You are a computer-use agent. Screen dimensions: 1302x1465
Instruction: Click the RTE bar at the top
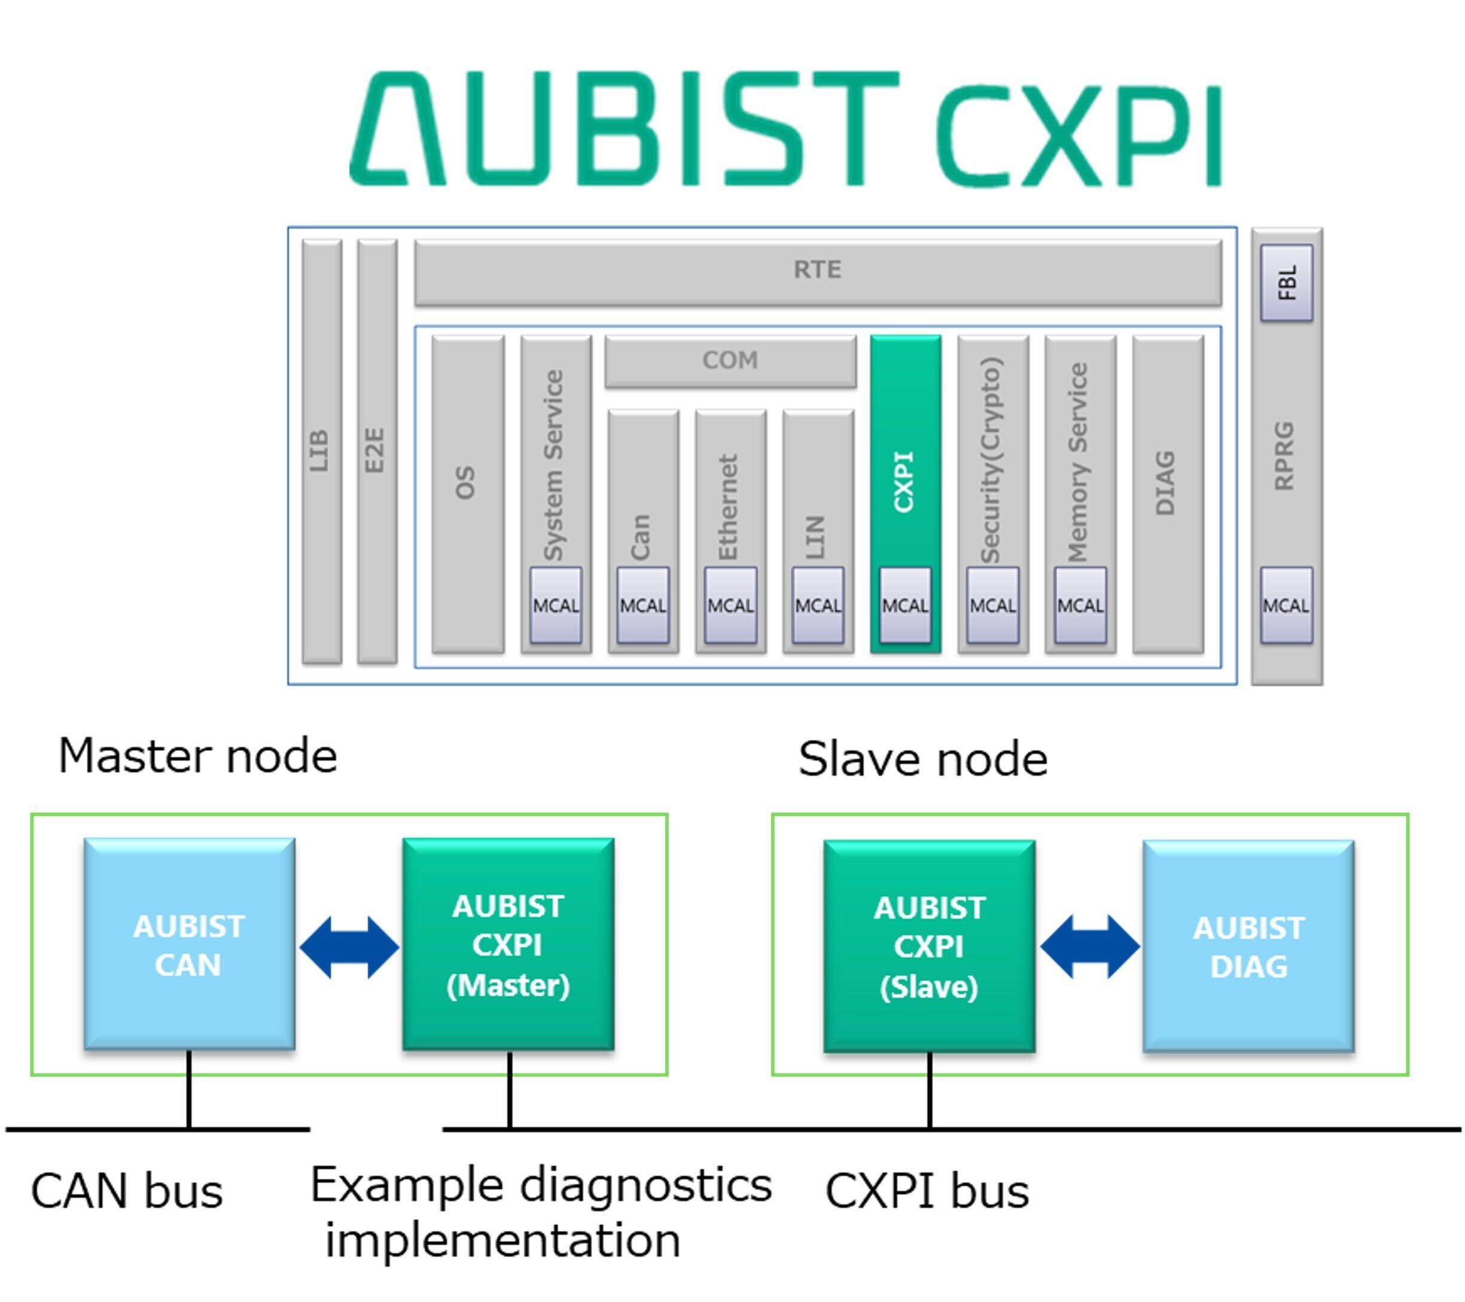pos(817,272)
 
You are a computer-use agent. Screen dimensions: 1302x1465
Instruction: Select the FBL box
pos(1287,282)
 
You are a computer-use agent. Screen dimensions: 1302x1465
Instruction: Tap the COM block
pos(730,361)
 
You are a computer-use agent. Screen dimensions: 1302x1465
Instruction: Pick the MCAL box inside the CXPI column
pos(904,606)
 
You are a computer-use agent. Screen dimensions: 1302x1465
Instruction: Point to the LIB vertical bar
pos(321,452)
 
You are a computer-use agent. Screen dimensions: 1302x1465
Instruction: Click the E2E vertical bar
pos(376,452)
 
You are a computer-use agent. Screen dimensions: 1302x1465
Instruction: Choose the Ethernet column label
pos(730,506)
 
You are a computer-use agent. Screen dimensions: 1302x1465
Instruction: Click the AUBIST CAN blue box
pos(189,944)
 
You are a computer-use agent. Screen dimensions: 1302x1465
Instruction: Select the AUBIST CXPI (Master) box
pos(508,944)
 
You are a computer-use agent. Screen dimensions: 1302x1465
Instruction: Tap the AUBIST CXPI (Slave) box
pos(929,947)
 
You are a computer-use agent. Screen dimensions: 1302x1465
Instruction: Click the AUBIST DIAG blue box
pos(1248,947)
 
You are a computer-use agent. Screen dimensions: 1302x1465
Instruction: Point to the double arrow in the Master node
pos(349,947)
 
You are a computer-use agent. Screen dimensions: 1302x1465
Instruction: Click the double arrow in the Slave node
pos(1089,947)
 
